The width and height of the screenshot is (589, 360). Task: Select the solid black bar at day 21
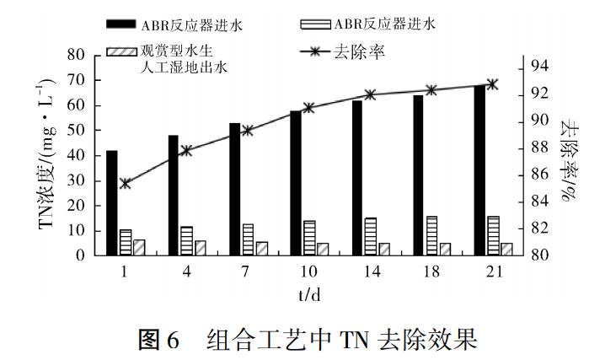(479, 170)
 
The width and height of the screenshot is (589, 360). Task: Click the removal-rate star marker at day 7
(248, 131)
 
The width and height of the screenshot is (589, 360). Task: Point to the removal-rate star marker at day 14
(371, 94)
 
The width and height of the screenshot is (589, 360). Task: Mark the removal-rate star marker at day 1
(125, 183)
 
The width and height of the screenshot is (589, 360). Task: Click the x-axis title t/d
(308, 293)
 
